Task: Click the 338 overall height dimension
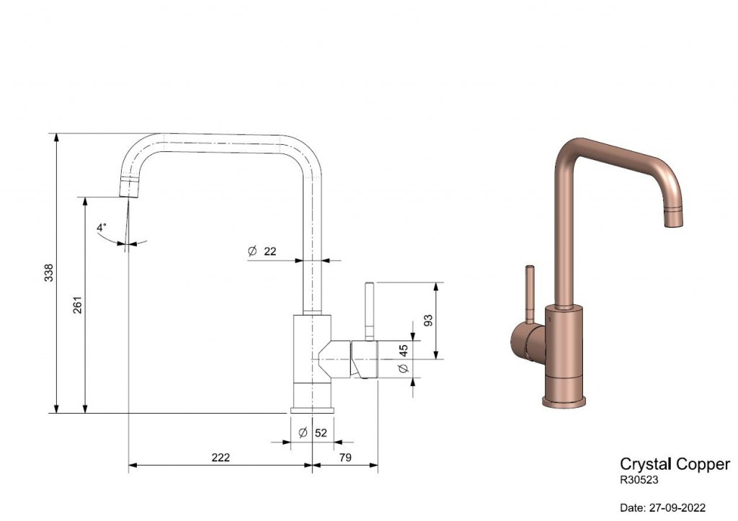coord(49,273)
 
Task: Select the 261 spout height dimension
coord(78,305)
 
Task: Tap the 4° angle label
coord(101,227)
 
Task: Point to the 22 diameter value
coord(270,251)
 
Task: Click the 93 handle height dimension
coord(428,320)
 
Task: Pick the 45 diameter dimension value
coord(404,350)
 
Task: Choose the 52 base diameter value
coord(321,432)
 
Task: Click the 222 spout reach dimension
coord(221,458)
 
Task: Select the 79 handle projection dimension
coord(345,458)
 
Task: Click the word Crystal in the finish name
coord(645,464)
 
